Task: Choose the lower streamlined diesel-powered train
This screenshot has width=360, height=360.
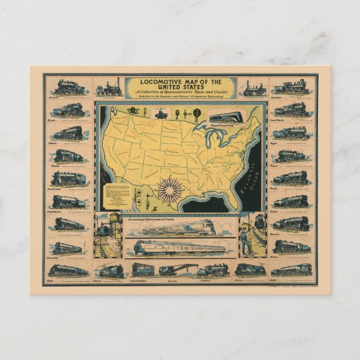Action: [178, 248]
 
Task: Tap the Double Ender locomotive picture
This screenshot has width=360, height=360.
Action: [69, 178]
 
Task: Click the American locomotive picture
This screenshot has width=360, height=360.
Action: [291, 87]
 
